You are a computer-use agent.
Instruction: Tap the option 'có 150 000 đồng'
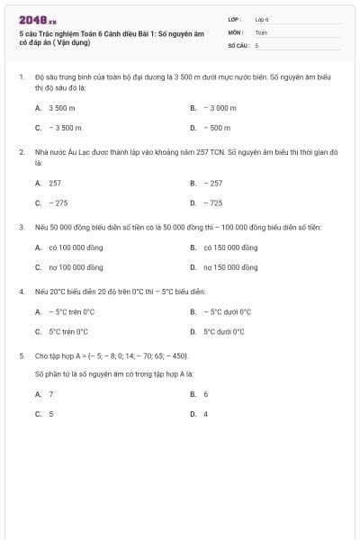coord(230,247)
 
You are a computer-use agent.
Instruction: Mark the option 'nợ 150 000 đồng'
coord(230,267)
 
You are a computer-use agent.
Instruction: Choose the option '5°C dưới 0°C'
coord(223,331)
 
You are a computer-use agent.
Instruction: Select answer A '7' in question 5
coord(50,394)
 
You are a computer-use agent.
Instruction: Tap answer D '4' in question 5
coord(205,414)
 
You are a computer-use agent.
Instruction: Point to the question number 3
coord(21,227)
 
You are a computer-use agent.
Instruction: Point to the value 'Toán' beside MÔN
coord(261,31)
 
